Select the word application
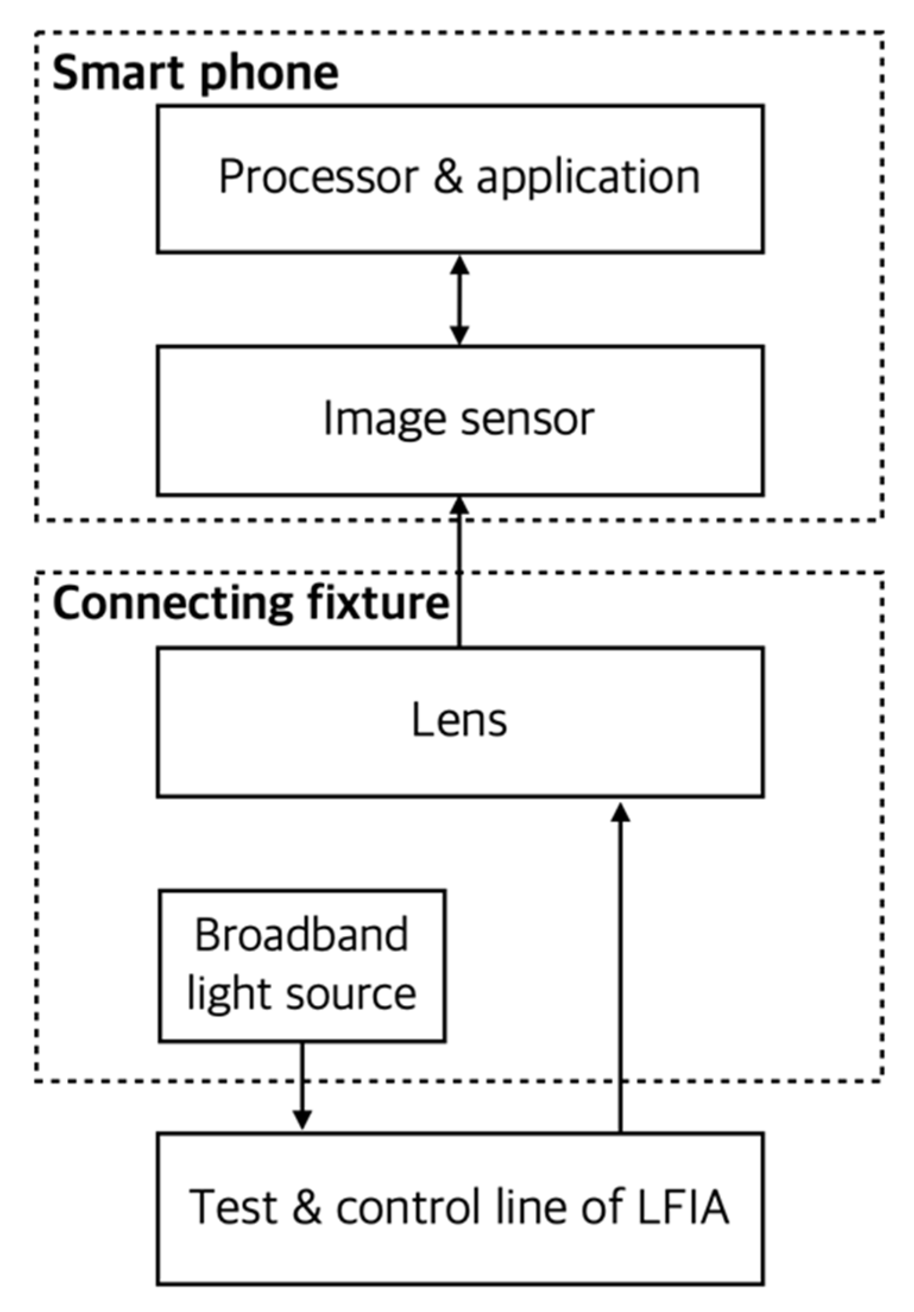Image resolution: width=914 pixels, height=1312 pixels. pyautogui.click(x=588, y=178)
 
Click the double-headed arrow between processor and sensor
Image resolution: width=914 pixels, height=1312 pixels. pyautogui.click(x=459, y=300)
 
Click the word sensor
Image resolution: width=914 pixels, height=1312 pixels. pyautogui.click(x=527, y=419)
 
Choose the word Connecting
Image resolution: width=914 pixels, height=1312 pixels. pyautogui.click(x=172, y=604)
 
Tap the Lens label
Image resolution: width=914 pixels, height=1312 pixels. pyautogui.click(x=459, y=720)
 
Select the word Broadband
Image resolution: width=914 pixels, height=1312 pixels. pyautogui.click(x=302, y=935)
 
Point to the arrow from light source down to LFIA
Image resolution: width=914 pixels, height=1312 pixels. pyautogui.click(x=302, y=1085)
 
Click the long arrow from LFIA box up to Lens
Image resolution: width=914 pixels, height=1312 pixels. pyautogui.click(x=621, y=968)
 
